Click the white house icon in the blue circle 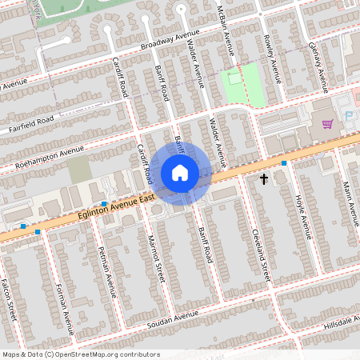(180, 173)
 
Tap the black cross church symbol (264, 179)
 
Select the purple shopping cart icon (327, 124)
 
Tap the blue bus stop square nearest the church (284, 163)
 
